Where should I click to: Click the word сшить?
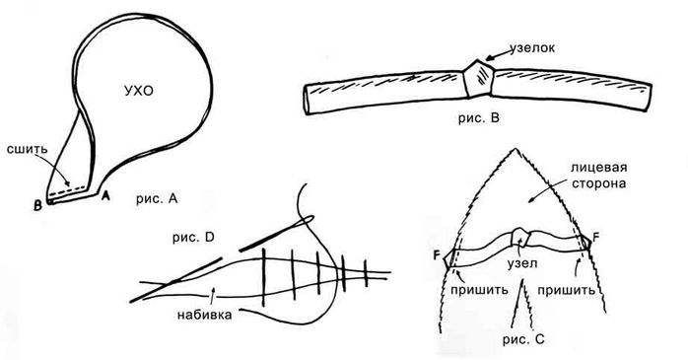27,148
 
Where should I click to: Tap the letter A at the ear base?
105,196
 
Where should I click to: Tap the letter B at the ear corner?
38,205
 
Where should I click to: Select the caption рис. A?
156,199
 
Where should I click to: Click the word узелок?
532,48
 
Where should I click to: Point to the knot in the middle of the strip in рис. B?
479,78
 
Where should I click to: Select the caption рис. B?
478,118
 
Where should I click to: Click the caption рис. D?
193,238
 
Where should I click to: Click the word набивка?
204,315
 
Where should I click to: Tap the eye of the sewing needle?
305,218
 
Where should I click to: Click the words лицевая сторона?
598,175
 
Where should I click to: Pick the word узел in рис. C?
522,263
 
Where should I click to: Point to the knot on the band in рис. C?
520,237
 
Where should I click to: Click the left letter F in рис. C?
437,254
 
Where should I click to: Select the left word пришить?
479,290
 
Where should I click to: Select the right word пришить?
566,290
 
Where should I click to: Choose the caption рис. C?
523,340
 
